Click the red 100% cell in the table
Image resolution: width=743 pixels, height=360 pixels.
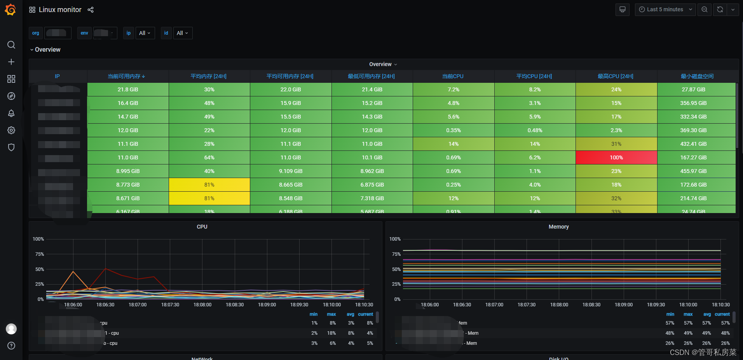point(616,157)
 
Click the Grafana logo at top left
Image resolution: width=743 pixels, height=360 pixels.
point(10,10)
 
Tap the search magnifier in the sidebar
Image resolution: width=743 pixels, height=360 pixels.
point(11,45)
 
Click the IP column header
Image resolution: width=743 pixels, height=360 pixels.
point(58,76)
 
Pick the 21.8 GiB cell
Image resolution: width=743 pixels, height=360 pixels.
point(128,89)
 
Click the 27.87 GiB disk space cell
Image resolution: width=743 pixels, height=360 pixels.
point(693,89)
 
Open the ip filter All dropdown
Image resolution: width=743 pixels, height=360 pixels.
point(145,33)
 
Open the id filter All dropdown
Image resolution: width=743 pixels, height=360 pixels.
point(182,33)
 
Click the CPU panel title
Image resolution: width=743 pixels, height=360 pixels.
point(202,227)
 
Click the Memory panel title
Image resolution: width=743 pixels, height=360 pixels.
point(558,227)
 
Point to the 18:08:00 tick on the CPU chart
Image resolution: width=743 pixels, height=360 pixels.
point(202,305)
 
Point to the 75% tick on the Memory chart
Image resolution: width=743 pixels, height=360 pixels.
point(396,254)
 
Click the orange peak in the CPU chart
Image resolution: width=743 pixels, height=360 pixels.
point(73,271)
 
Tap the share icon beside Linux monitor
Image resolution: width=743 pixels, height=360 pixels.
point(91,10)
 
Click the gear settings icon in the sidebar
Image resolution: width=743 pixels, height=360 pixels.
point(11,130)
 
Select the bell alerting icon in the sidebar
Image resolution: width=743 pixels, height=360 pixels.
point(11,113)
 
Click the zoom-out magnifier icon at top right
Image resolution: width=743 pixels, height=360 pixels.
point(704,9)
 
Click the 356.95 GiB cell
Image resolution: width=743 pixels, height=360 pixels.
point(693,103)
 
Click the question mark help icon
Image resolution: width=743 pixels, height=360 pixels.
point(11,346)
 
